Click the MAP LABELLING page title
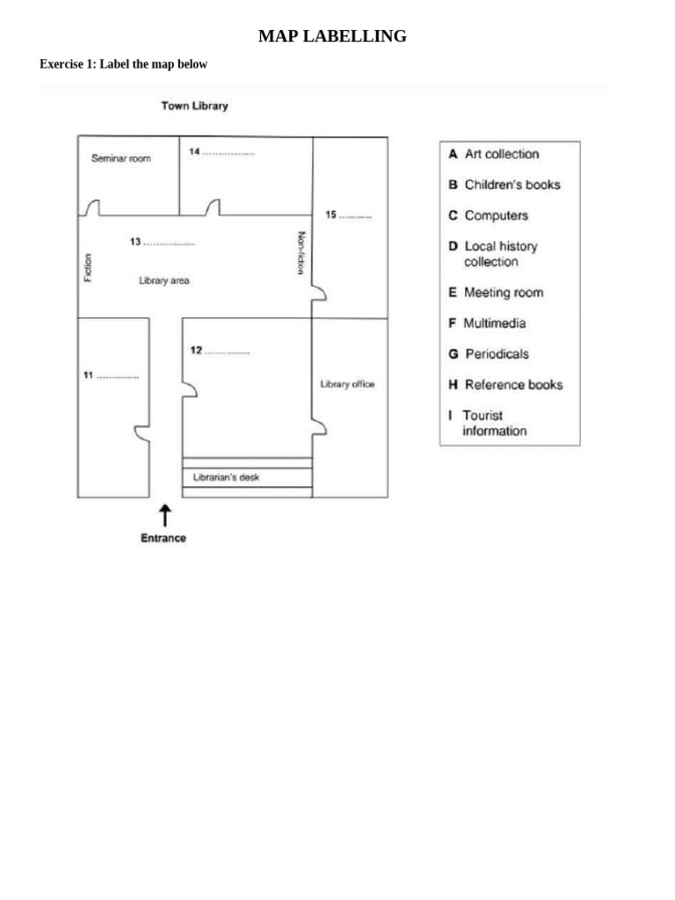click(x=332, y=36)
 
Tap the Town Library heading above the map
click(x=194, y=105)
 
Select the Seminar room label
click(x=121, y=159)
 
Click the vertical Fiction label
click(x=87, y=268)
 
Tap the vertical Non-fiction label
click(x=301, y=253)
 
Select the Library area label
click(x=164, y=281)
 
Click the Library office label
click(x=347, y=384)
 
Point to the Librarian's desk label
click(x=226, y=478)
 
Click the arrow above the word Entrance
click(x=163, y=516)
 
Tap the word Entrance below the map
click(x=163, y=538)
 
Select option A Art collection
click(x=493, y=154)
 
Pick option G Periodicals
click(x=489, y=354)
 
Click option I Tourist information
click(x=487, y=423)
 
